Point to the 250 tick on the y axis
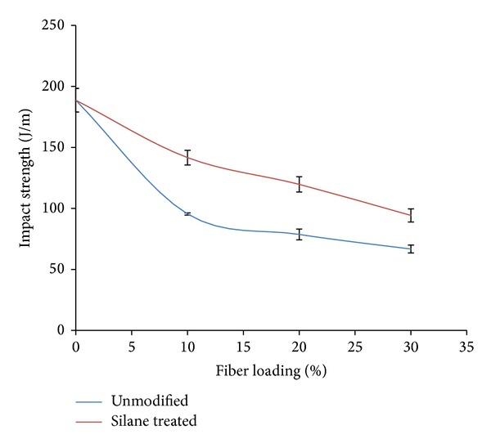point(56,26)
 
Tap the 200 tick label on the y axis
point(56,87)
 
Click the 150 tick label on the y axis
point(56,148)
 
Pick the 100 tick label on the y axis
point(56,208)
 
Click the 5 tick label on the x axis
point(132,346)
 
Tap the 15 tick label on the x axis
point(243,346)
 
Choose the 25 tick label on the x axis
point(354,346)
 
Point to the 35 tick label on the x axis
point(466,346)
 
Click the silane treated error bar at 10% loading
point(187,158)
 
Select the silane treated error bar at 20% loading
point(300,184)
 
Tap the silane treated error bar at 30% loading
point(411,215)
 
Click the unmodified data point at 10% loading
point(187,213)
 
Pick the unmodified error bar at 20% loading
point(300,234)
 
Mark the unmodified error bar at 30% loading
point(411,249)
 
